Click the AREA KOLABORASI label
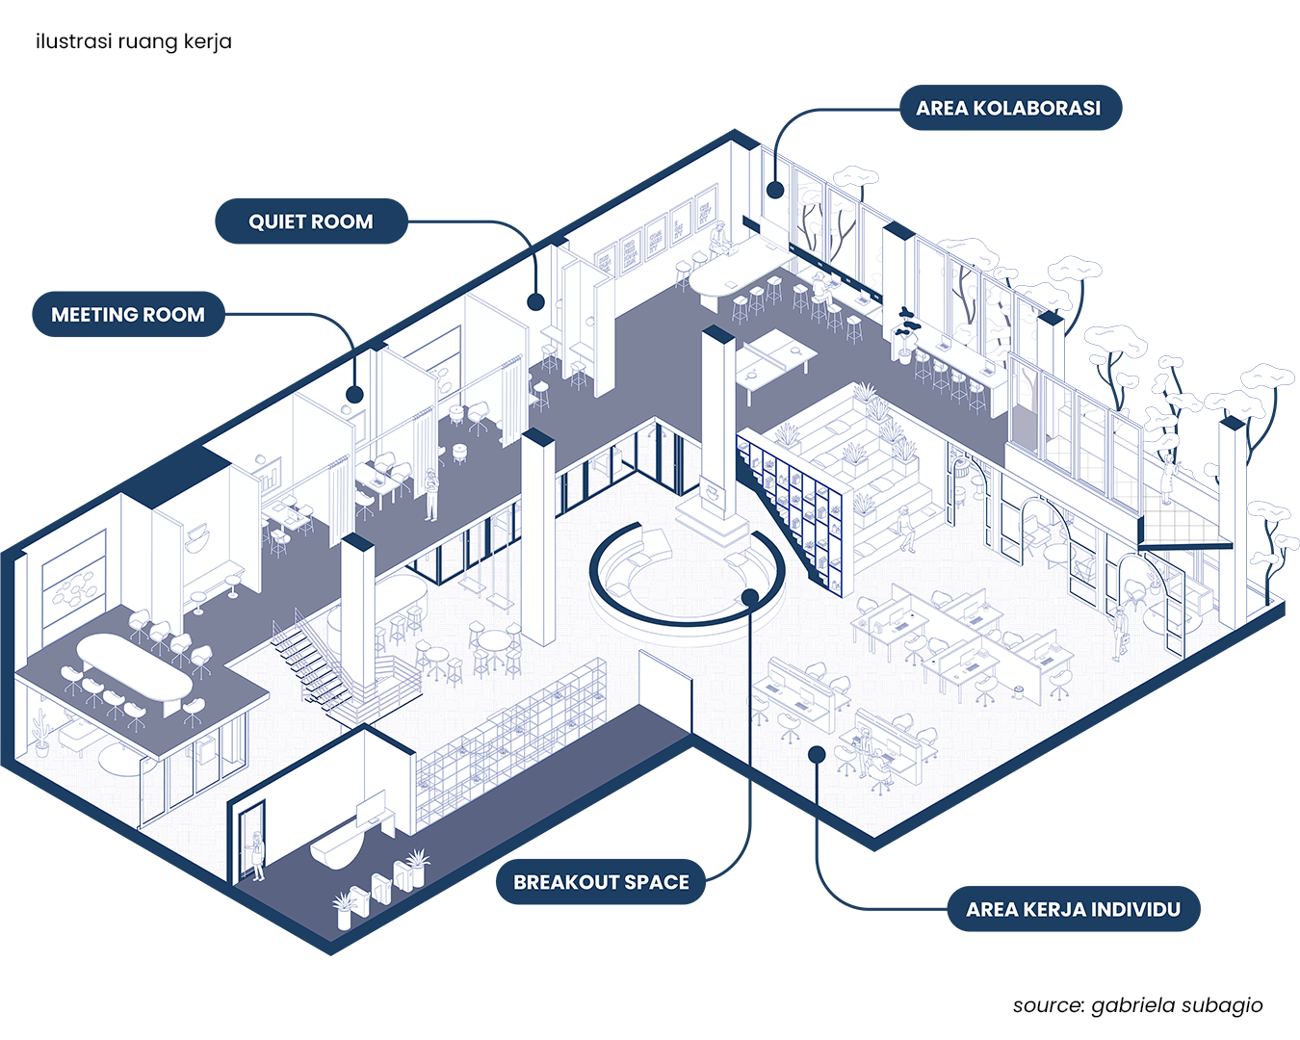[1009, 108]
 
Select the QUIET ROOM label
[310, 221]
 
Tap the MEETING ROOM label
[127, 315]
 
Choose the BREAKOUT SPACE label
[601, 882]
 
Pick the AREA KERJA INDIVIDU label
[1073, 909]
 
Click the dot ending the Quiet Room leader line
[535, 301]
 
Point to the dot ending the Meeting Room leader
[354, 394]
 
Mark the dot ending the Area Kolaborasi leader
[774, 190]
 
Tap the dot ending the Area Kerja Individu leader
[817, 754]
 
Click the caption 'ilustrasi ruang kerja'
[134, 41]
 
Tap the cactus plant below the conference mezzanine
[40, 734]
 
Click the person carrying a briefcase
[1120, 631]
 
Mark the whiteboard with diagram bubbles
[74, 585]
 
